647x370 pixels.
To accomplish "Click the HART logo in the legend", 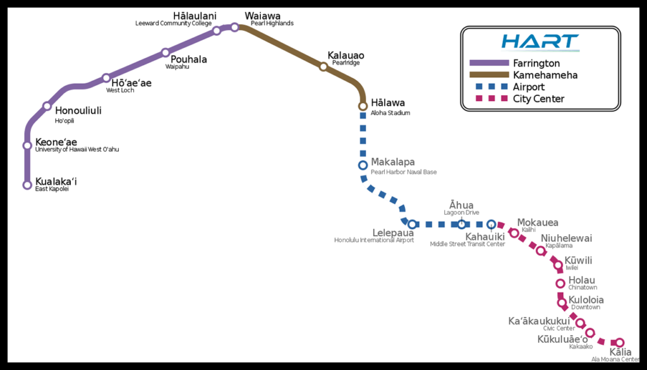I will coord(540,42).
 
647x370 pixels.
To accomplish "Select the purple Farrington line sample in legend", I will coord(489,63).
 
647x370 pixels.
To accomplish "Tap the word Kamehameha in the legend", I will coord(545,75).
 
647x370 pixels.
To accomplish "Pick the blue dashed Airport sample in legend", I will coord(489,87).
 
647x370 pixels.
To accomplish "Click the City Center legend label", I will coord(538,98).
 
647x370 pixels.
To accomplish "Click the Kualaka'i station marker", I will coord(27,185).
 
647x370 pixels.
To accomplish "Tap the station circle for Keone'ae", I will coord(27,145).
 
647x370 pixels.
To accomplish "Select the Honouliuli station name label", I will coord(78,110).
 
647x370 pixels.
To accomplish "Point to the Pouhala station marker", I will coord(166,52).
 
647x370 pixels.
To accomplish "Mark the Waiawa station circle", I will coord(234,27).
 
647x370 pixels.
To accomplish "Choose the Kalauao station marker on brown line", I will coord(323,66).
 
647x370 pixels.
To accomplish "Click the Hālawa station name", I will coord(388,103).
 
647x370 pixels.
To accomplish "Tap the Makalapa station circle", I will coord(363,165).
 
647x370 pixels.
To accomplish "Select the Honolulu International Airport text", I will coord(374,240).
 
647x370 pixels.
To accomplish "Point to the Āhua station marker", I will coord(462,224).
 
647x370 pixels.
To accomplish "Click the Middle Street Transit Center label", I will coord(468,244).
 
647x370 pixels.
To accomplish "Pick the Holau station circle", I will coord(560,283).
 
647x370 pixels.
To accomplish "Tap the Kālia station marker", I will coord(620,342).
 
